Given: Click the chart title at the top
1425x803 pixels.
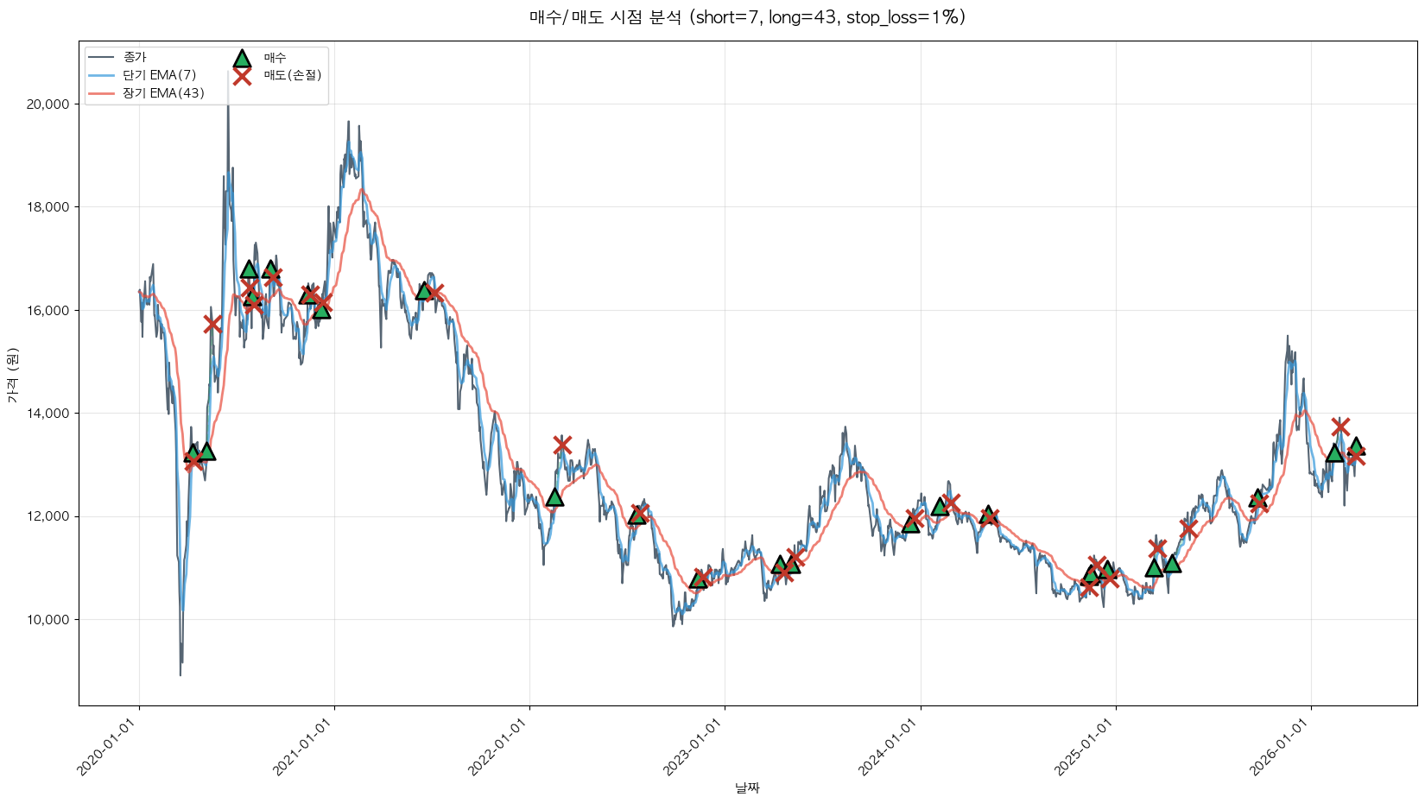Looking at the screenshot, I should tap(747, 17).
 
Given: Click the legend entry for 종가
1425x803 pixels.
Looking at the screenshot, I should tap(135, 58).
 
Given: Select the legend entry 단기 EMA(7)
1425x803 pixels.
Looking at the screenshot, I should tap(159, 75).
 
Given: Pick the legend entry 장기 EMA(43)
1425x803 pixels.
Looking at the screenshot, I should tap(163, 93).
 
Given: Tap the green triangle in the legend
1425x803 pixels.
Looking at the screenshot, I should tap(242, 59).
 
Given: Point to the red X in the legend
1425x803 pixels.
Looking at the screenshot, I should tap(242, 76).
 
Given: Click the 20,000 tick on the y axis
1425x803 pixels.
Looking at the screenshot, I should tap(48, 104).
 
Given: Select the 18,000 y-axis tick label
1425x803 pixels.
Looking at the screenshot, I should tap(48, 207).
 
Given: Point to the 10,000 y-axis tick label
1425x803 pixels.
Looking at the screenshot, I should tap(48, 620).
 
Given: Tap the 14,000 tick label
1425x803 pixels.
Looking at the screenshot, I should tap(48, 414).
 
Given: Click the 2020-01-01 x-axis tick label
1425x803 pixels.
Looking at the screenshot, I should tap(109, 748).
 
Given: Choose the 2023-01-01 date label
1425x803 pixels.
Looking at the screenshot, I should tap(694, 748).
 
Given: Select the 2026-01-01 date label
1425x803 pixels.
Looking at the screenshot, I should tap(1281, 748).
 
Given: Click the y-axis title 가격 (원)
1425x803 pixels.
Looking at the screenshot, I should tap(12, 375).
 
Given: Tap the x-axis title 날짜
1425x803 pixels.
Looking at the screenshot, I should tap(747, 787).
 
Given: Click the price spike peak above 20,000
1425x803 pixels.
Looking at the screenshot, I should tap(228, 73).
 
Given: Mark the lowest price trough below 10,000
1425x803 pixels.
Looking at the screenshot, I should tap(180, 674).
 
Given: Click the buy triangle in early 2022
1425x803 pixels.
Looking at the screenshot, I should tap(554, 496).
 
